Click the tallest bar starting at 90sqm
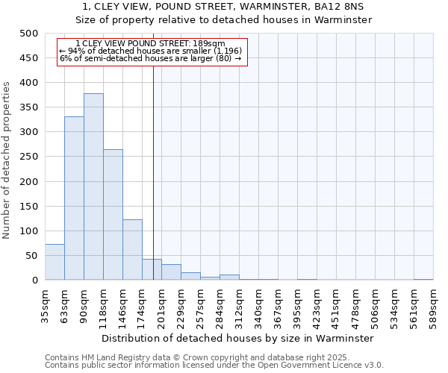coord(93,186)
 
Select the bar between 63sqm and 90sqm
coord(74,198)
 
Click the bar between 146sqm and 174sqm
coord(132,250)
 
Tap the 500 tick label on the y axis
coord(29,34)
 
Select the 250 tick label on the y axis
coord(29,157)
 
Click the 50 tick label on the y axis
coord(32,256)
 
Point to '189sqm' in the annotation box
coord(210,44)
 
